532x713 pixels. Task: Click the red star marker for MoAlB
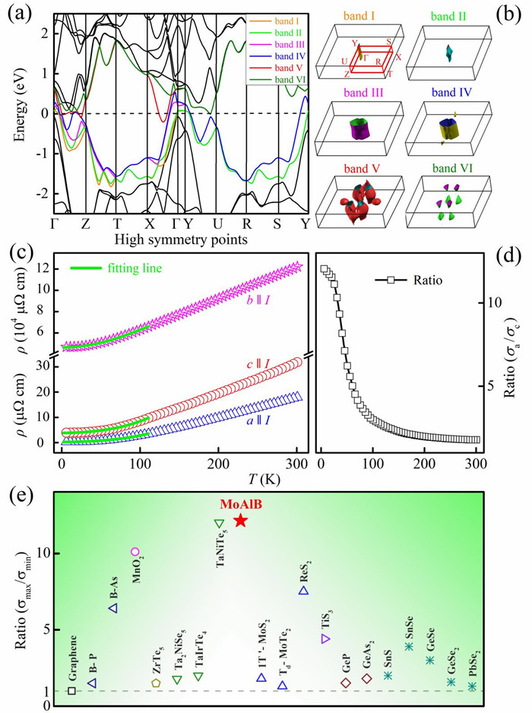240,521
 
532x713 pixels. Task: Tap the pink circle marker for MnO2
135,552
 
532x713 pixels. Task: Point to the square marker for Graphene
71,690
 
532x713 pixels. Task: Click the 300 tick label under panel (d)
476,464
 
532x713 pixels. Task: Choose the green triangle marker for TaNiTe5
219,524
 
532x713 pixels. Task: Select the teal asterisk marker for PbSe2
473,686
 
